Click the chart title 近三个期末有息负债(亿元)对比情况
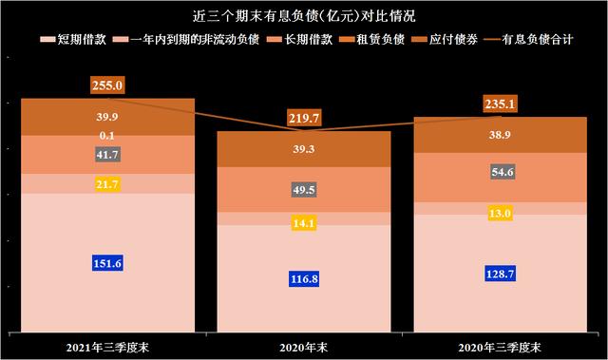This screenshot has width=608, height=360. (303, 16)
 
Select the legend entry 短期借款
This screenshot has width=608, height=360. (69, 40)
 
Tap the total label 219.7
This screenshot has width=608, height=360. (305, 118)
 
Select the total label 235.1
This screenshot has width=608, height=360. (500, 105)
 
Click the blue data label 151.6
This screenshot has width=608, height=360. (108, 263)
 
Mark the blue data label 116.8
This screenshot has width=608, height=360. (305, 278)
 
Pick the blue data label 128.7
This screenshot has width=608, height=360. (500, 273)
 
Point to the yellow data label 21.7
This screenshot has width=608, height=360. (108, 183)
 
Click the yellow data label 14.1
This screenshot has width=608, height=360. (305, 224)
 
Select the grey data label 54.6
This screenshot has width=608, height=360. (500, 172)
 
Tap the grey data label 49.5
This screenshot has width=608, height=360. (305, 191)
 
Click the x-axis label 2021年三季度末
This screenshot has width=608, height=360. (108, 344)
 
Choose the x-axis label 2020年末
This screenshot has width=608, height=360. (305, 344)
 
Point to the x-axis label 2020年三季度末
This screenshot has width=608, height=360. (500, 344)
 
